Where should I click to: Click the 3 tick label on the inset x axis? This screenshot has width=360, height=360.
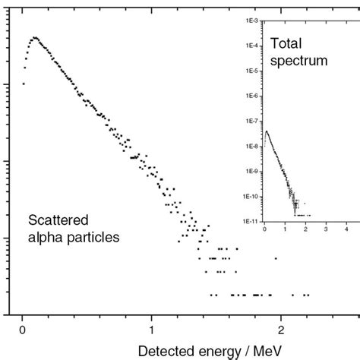tap(325, 229)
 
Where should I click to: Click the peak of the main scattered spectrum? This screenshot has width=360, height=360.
tap(34, 37)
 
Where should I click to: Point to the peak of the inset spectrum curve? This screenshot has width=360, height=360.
tap(267, 131)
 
